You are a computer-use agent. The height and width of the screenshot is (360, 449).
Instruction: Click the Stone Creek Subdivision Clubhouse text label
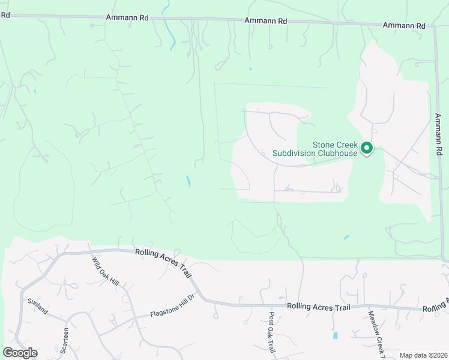point(315,149)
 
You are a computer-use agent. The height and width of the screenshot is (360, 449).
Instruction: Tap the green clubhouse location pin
point(366,147)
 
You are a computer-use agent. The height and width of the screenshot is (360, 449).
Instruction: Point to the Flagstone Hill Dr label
point(173,305)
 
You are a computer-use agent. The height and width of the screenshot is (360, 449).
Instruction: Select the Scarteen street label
point(66,338)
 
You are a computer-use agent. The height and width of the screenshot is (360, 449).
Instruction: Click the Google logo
point(20,353)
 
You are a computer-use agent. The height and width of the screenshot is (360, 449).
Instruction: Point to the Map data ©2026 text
point(423,355)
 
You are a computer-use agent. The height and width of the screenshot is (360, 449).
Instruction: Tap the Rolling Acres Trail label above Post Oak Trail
point(318,307)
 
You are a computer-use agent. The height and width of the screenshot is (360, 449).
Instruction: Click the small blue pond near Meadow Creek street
point(335,335)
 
